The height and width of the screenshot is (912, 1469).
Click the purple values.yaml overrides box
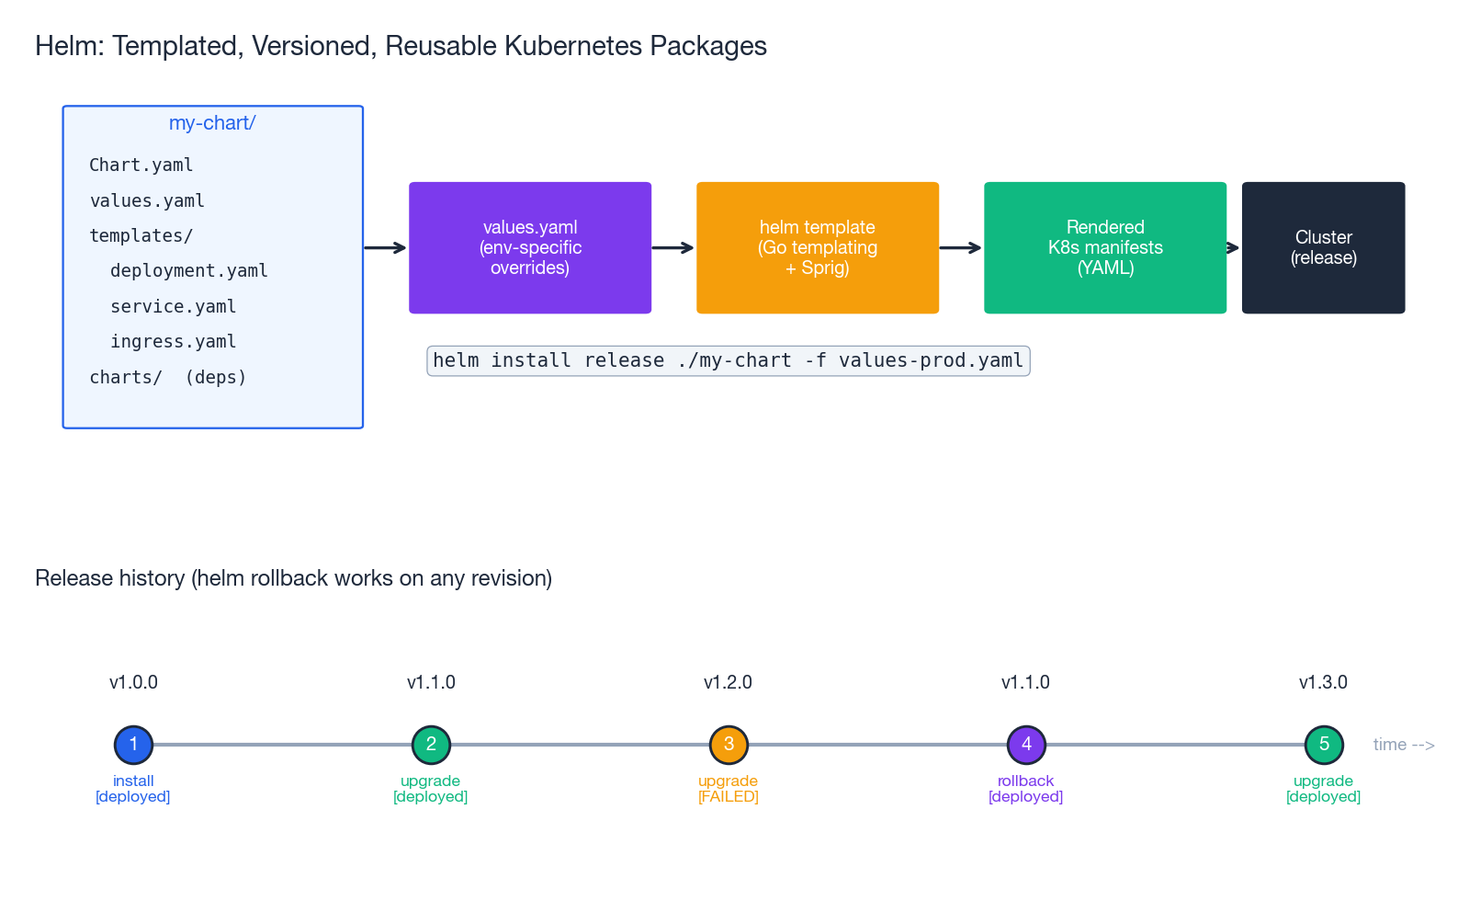point(530,247)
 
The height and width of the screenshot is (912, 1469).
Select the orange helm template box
point(818,247)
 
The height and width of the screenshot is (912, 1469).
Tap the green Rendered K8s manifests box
point(1105,247)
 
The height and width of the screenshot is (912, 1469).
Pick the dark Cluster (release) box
point(1323,247)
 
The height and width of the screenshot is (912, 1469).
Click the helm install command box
point(729,360)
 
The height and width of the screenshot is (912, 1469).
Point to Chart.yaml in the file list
point(141,165)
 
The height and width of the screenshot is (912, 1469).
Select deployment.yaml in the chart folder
point(189,271)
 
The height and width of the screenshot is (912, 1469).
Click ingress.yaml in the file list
point(174,342)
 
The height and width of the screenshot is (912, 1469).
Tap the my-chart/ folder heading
point(212,123)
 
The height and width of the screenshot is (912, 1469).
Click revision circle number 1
point(133,745)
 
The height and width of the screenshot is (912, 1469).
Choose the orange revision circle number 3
point(729,745)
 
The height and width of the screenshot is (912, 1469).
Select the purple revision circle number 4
point(1026,745)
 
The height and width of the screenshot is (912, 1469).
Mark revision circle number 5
point(1324,745)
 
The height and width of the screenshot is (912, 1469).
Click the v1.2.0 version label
point(728,682)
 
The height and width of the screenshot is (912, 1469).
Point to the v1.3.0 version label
point(1323,682)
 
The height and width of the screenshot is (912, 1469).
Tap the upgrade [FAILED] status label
point(728,789)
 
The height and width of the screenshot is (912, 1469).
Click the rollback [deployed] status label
point(1025,789)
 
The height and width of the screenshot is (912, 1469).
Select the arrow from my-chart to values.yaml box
point(386,248)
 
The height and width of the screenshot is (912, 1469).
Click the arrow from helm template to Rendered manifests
point(961,248)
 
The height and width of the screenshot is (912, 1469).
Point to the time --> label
point(1404,745)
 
